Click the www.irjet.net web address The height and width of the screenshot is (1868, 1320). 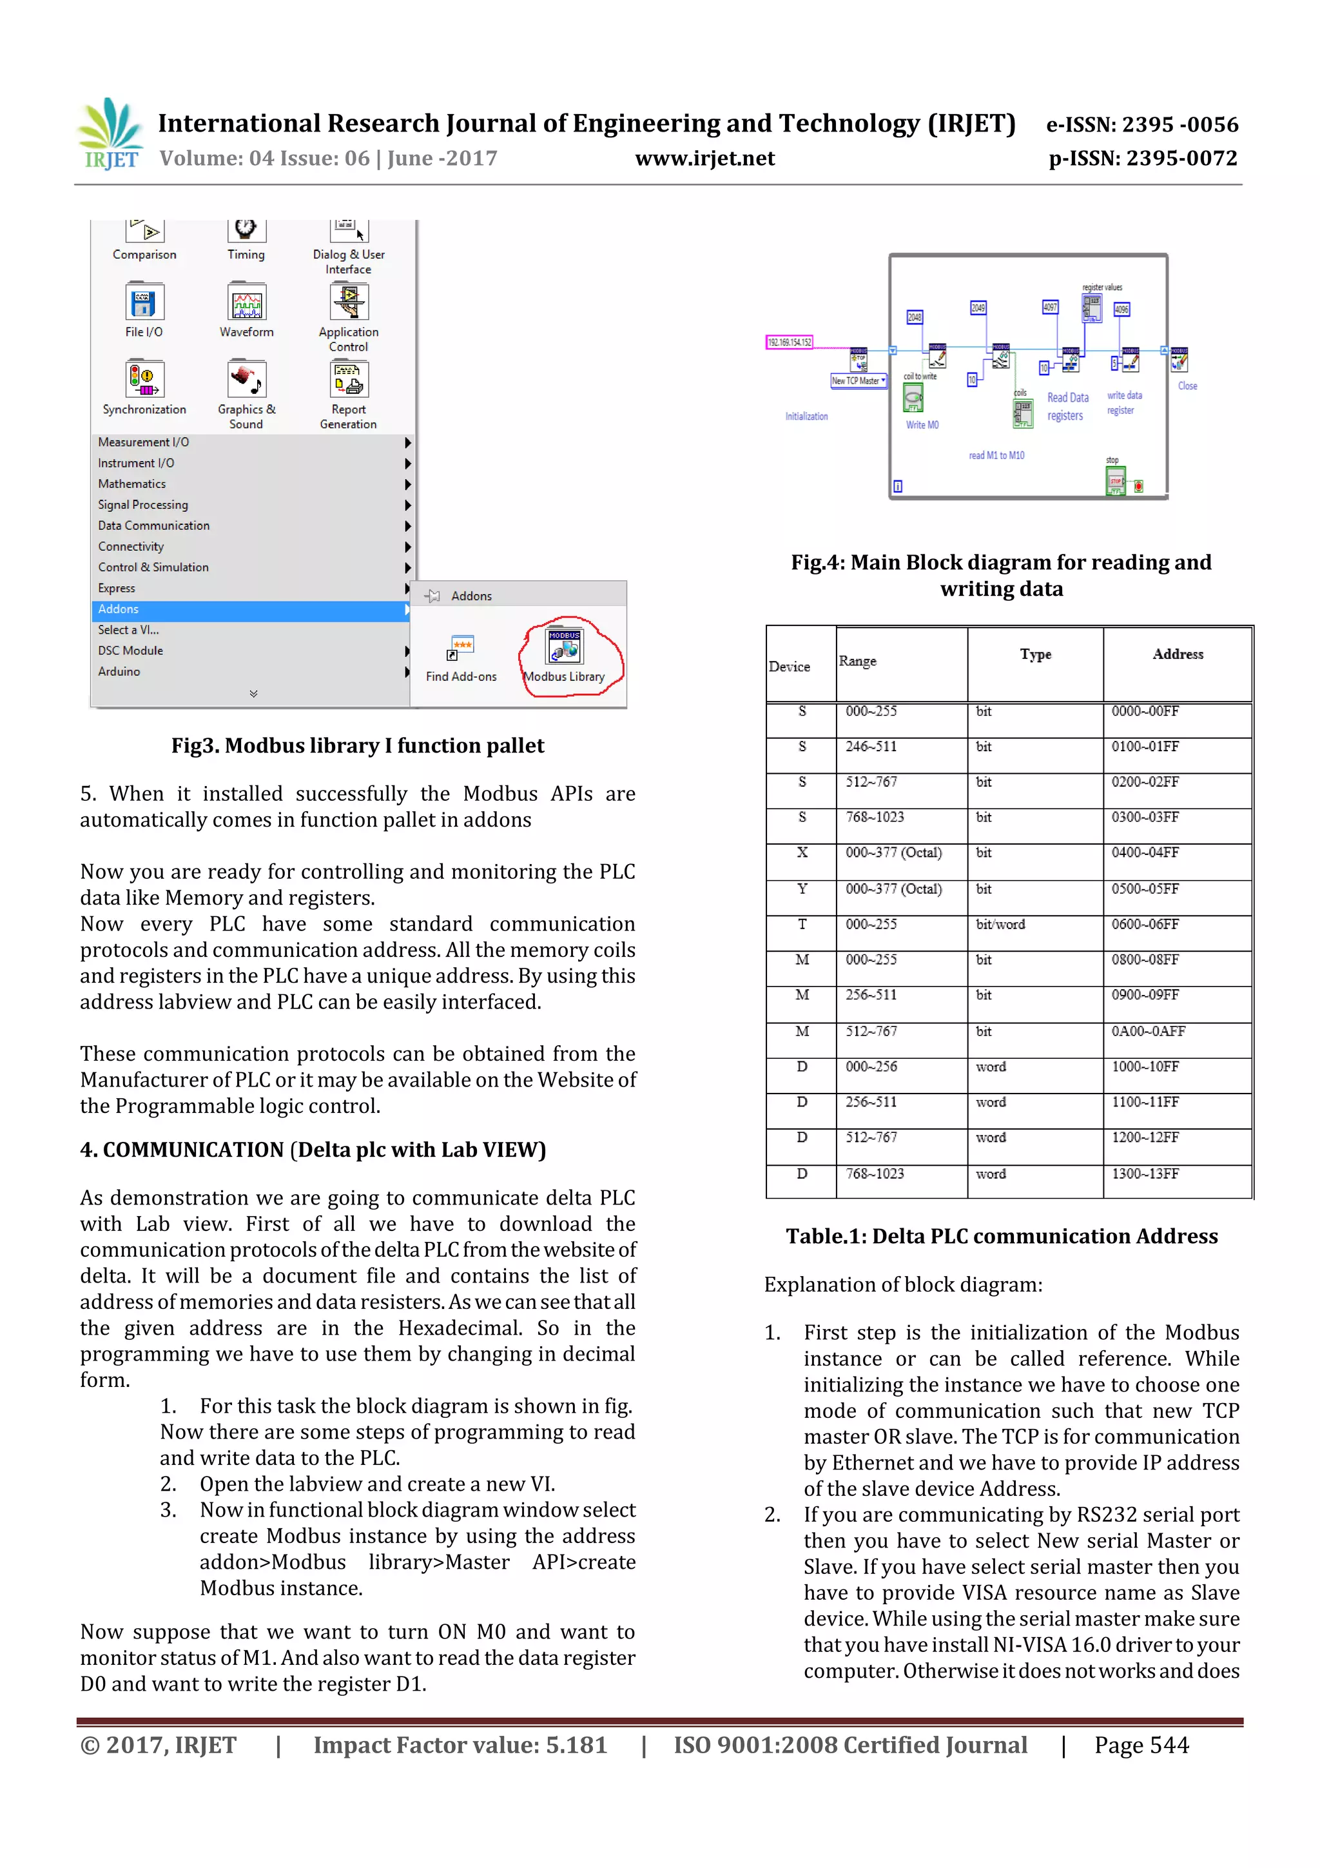pyautogui.click(x=704, y=158)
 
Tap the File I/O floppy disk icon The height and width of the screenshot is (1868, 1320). pyautogui.click(x=144, y=302)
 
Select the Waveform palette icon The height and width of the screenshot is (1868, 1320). pyautogui.click(x=246, y=302)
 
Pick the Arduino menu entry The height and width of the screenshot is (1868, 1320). pyautogui.click(x=119, y=672)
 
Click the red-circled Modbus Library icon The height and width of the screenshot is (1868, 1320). pyautogui.click(x=565, y=647)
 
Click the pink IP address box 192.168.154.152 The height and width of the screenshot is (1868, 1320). pyautogui.click(x=789, y=342)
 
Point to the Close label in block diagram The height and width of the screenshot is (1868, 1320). pyautogui.click(x=1187, y=386)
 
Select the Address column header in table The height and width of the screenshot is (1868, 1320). pyautogui.click(x=1177, y=654)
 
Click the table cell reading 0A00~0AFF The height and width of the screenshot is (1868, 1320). pyautogui.click(x=1147, y=1031)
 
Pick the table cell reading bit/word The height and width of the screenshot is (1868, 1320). pyautogui.click(x=1000, y=924)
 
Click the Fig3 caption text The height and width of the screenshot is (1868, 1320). pyautogui.click(x=357, y=745)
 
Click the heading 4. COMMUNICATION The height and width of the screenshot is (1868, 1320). pyautogui.click(x=313, y=1150)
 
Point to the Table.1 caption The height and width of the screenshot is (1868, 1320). pyautogui.click(x=1001, y=1236)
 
